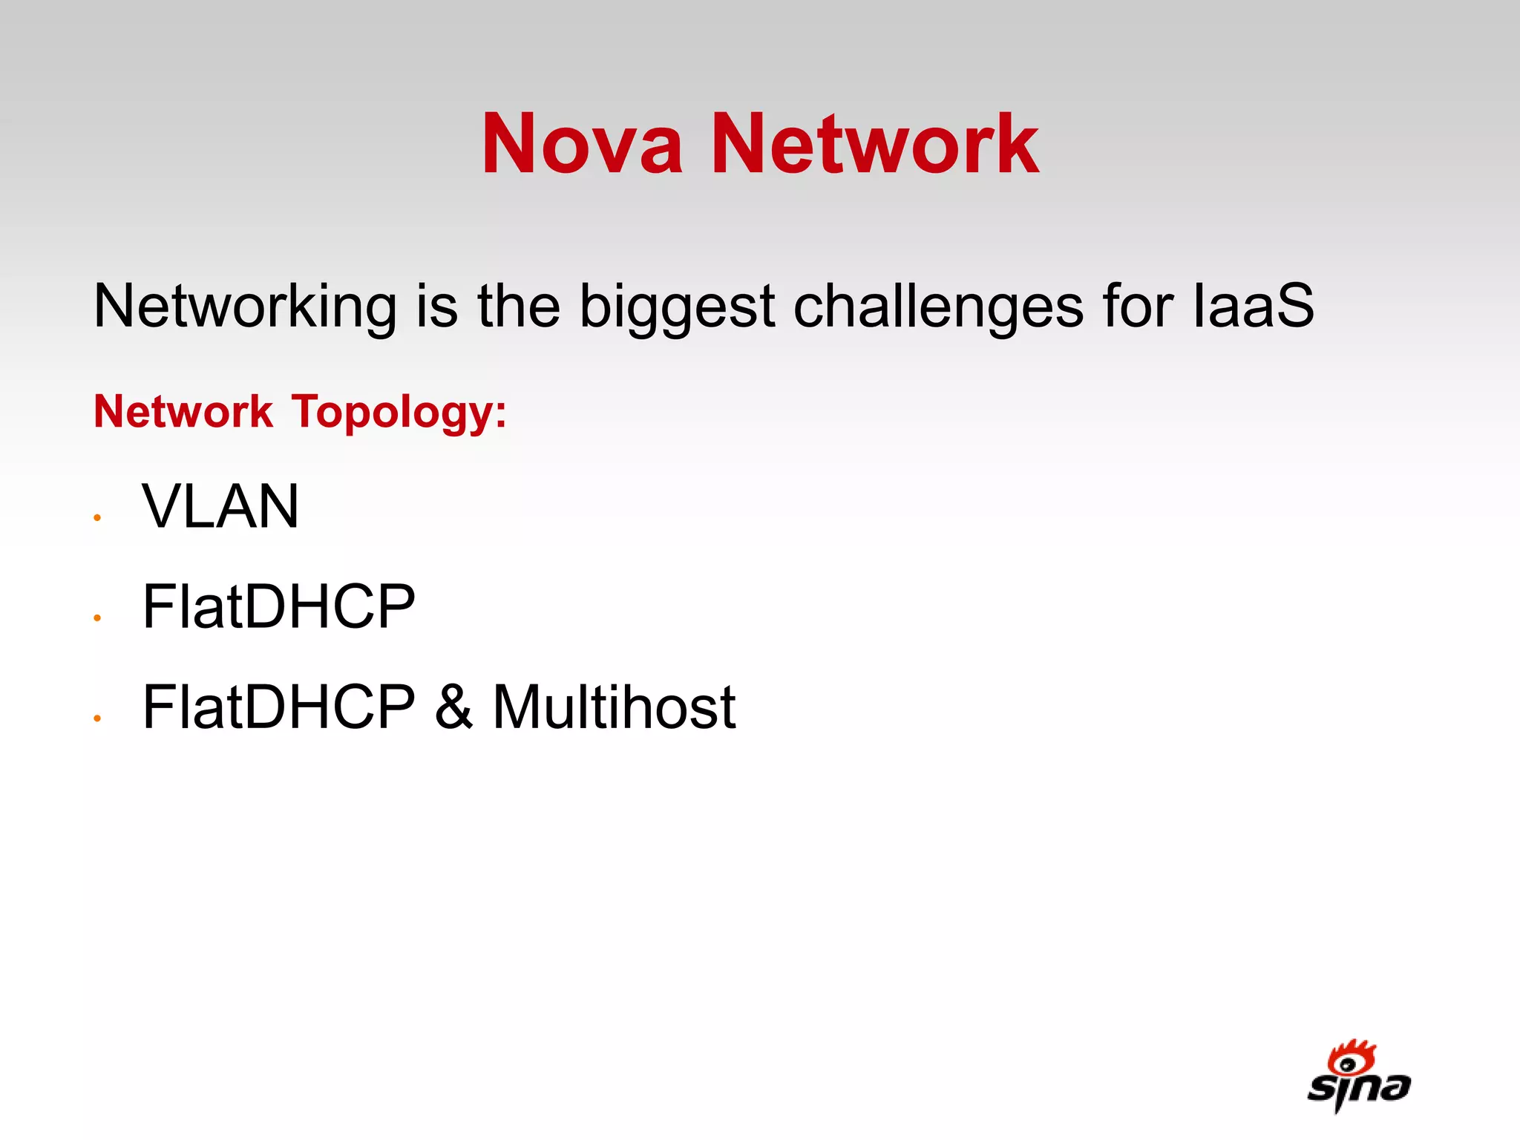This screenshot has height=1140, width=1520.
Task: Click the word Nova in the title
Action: [582, 144]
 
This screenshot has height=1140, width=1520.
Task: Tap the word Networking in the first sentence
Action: [245, 307]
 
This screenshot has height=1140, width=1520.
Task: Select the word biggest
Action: [677, 307]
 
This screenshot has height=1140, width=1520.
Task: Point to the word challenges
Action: [938, 307]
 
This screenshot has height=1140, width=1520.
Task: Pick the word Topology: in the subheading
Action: [399, 413]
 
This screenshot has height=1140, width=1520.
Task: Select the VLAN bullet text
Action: [220, 506]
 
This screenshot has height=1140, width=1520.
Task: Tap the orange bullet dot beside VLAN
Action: [97, 518]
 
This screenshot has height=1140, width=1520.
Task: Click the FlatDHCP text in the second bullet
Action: [278, 606]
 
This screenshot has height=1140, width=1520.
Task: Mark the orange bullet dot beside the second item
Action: [97, 618]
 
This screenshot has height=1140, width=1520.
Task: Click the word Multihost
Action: [614, 707]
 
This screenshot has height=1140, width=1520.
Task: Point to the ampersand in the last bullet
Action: [453, 707]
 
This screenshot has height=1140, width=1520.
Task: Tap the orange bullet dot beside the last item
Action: [97, 718]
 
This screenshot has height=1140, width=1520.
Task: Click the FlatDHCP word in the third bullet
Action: [278, 707]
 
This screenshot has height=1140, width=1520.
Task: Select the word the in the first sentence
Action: [519, 306]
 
